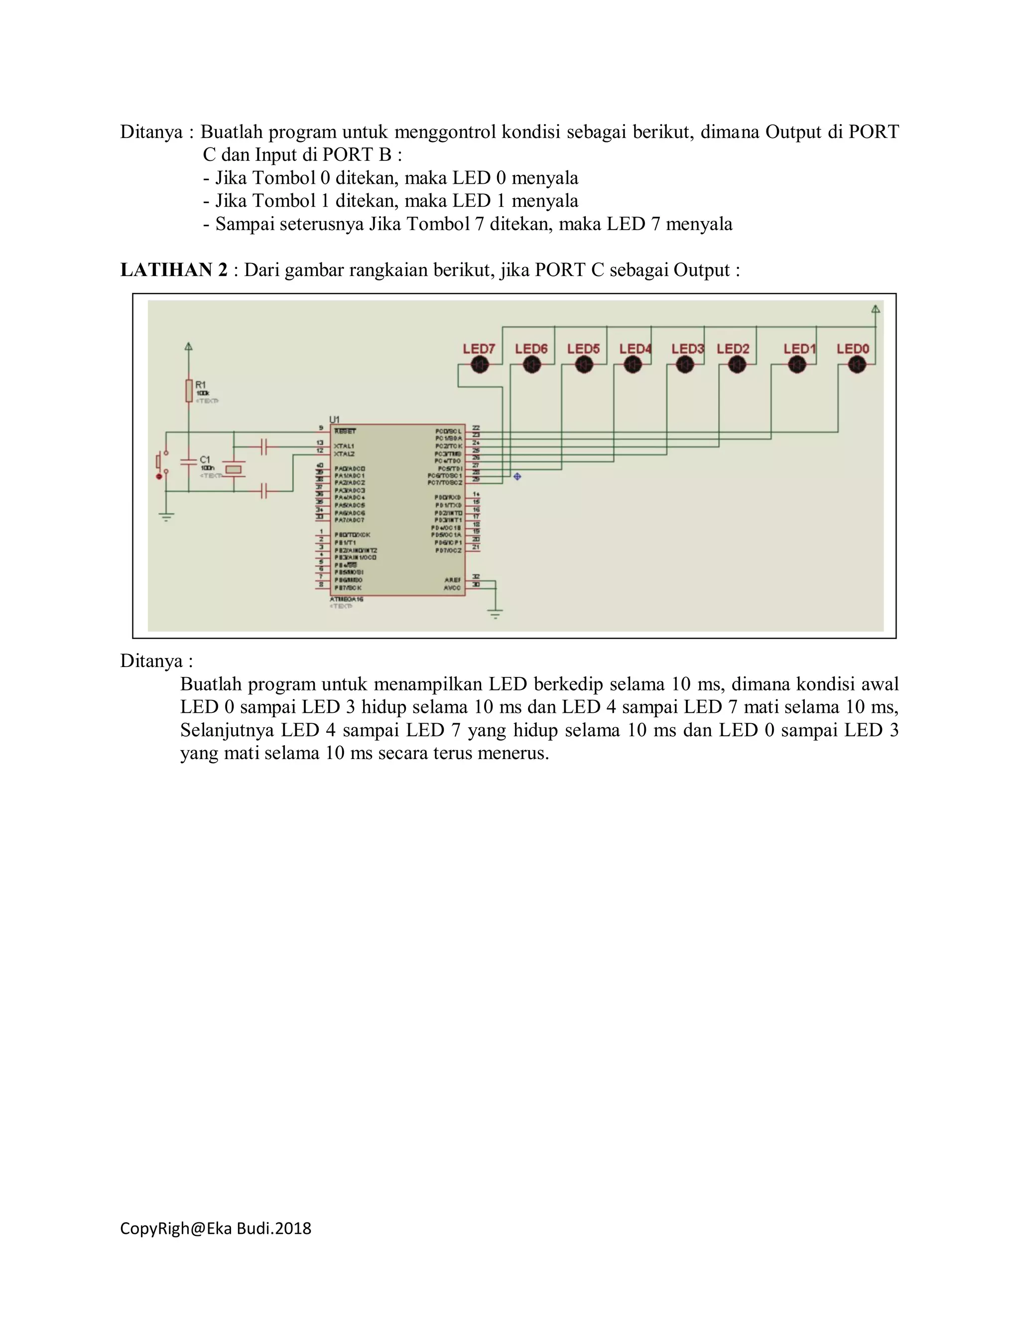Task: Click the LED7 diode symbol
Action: [x=479, y=365]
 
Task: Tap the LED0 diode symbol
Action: [x=857, y=365]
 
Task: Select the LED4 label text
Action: [x=635, y=349]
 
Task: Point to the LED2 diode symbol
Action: [x=737, y=365]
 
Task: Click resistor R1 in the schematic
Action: [x=189, y=391]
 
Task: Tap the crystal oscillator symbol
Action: [x=233, y=469]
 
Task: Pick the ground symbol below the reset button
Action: [x=166, y=516]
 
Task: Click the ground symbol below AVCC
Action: [x=496, y=615]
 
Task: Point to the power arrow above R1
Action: [x=189, y=347]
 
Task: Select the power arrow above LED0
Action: [x=876, y=309]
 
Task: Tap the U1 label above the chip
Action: [x=334, y=419]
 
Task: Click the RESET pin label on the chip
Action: [x=345, y=431]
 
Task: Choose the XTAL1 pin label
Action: [x=344, y=446]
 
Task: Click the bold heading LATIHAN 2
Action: [x=174, y=269]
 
